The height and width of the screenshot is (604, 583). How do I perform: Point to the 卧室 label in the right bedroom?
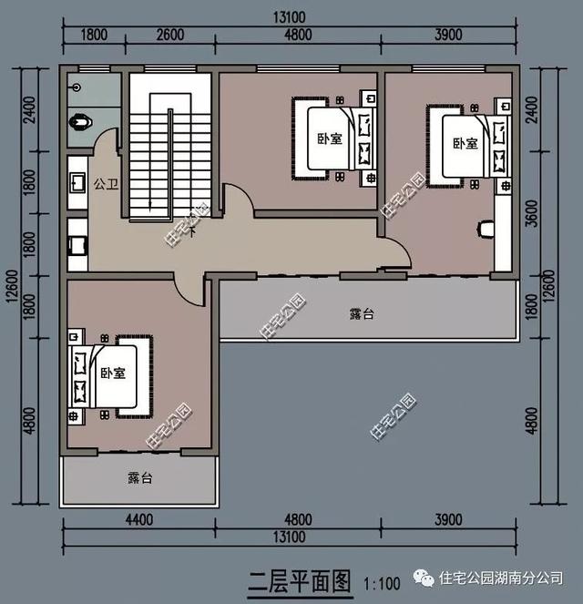(465, 143)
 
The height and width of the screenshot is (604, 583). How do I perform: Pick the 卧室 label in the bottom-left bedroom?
(113, 374)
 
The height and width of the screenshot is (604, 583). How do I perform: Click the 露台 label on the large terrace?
(362, 314)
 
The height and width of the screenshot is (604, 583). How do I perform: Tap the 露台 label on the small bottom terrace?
(139, 477)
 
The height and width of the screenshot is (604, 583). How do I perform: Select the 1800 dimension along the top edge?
(95, 35)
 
